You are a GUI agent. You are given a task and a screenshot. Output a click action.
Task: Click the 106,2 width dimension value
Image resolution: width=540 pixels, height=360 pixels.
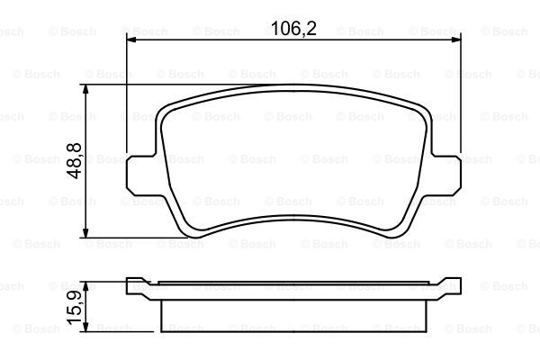(293, 28)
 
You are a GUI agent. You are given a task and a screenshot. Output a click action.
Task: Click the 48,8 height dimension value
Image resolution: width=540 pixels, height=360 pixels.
(75, 160)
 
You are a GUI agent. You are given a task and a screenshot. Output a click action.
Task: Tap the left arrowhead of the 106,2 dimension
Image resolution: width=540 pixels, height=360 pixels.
(131, 40)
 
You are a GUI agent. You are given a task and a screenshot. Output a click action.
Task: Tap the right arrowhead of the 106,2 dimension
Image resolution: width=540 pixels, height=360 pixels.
(456, 40)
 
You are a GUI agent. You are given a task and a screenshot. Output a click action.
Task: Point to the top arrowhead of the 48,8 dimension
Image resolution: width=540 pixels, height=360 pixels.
(85, 89)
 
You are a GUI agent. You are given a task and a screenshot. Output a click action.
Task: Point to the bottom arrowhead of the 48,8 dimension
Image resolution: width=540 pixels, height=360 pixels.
(85, 233)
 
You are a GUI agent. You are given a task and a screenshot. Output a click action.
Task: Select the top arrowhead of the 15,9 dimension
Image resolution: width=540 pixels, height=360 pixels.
(85, 286)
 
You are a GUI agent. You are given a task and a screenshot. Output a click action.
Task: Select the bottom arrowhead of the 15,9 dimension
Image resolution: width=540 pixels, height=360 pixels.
(85, 328)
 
